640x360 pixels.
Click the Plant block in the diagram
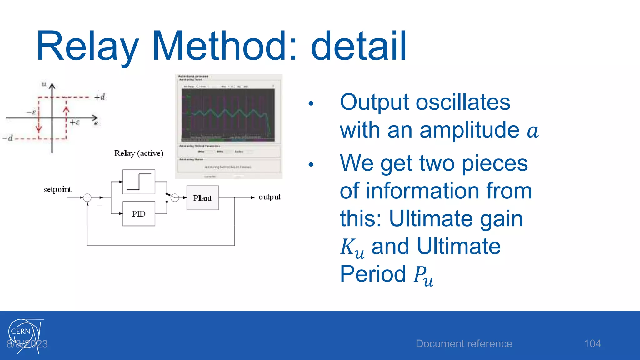pyautogui.click(x=202, y=198)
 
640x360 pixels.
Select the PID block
pyautogui.click(x=139, y=214)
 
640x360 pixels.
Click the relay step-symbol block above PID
pyautogui.click(x=139, y=182)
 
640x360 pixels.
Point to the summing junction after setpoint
pyautogui.click(x=87, y=197)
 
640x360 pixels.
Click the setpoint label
pyautogui.click(x=57, y=189)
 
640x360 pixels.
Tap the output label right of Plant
pyautogui.click(x=269, y=197)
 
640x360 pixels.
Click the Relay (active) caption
pyautogui.click(x=139, y=153)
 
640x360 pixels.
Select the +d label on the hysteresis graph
pyautogui.click(x=100, y=97)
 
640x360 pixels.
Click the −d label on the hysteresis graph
pyautogui.click(x=8, y=138)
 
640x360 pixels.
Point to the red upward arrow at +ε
pyautogui.click(x=66, y=110)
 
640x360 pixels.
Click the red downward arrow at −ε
pyautogui.click(x=39, y=128)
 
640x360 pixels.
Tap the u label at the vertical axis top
pyautogui.click(x=44, y=84)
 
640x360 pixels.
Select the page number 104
pyautogui.click(x=592, y=344)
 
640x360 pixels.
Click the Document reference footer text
pyautogui.click(x=464, y=344)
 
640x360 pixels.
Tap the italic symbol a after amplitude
pyautogui.click(x=532, y=131)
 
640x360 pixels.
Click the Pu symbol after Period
pyautogui.click(x=423, y=276)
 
